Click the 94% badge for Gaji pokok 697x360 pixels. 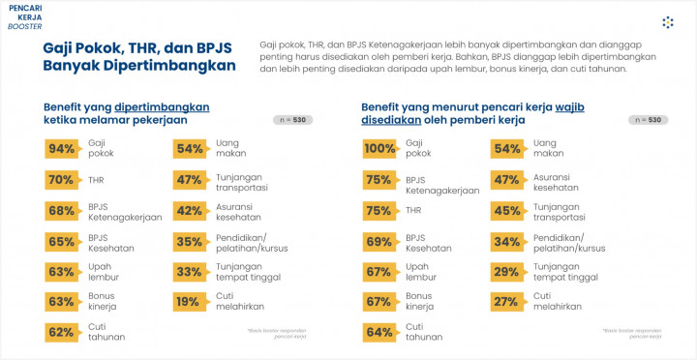point(61,148)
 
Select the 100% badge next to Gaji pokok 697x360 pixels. point(379,148)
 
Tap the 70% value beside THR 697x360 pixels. point(61,179)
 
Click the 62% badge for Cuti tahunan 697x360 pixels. point(61,332)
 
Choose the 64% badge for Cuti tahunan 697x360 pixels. point(379,332)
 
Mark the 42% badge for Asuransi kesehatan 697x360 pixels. point(189,210)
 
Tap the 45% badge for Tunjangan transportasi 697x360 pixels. point(506,210)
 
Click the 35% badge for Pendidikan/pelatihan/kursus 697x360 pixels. point(189,240)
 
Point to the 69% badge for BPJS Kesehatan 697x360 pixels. point(379,240)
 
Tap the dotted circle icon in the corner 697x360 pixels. point(667,21)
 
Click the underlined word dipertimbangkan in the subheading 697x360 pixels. point(162,106)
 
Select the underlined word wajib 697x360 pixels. point(570,106)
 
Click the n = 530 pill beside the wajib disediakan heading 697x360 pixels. point(648,120)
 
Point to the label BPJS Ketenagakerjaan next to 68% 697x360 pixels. point(124,211)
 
